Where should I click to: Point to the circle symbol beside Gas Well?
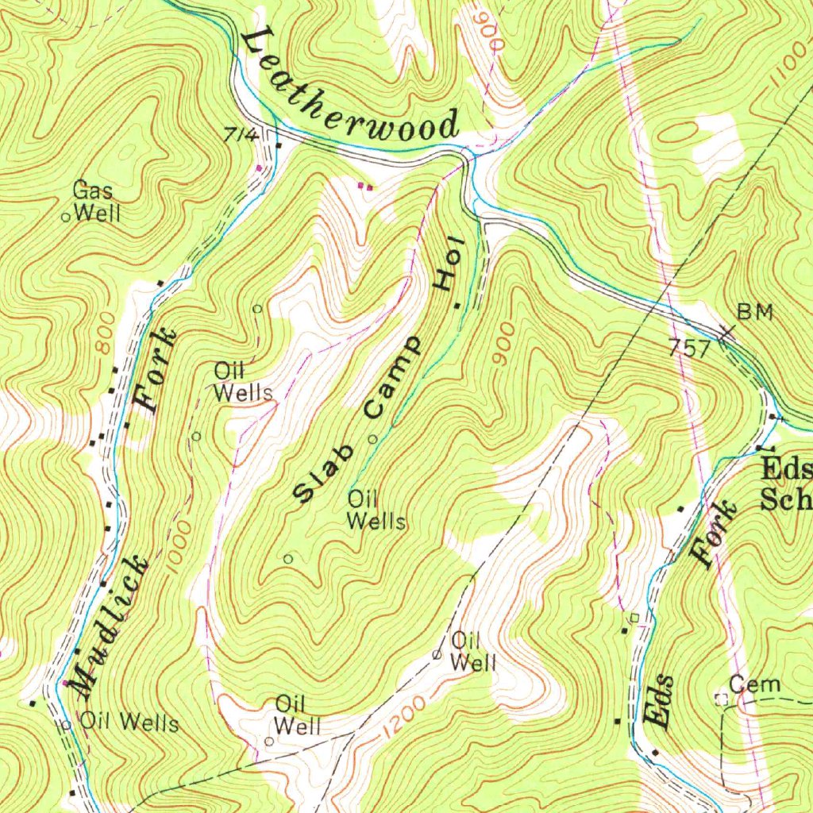[x=67, y=215]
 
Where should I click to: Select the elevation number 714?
[x=241, y=136]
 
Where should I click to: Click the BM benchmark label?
[x=754, y=312]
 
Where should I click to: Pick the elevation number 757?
[x=689, y=348]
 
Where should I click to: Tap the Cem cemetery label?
[x=755, y=685]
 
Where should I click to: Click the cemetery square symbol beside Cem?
[x=722, y=699]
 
